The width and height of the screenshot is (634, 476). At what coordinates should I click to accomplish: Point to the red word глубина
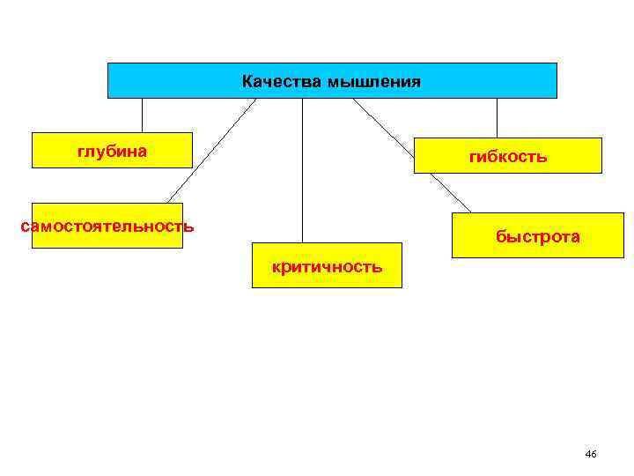pyautogui.click(x=112, y=152)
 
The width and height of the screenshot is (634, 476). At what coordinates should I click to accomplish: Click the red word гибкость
pyautogui.click(x=508, y=157)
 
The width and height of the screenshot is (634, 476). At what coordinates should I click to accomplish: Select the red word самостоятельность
pyautogui.click(x=107, y=226)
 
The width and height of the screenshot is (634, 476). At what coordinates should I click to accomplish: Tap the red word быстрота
pyautogui.click(x=537, y=236)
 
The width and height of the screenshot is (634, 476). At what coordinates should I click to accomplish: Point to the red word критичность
pyautogui.click(x=327, y=265)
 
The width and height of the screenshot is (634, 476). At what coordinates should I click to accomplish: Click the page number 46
pyautogui.click(x=590, y=454)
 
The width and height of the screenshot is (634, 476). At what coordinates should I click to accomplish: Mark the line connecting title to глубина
pyautogui.click(x=142, y=115)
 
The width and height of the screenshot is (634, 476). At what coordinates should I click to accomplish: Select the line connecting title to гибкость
pyautogui.click(x=497, y=117)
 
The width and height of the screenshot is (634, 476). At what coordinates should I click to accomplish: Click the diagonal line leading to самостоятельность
pyautogui.click(x=211, y=150)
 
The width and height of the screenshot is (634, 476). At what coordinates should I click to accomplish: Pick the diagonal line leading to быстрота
pyautogui.click(x=411, y=155)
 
